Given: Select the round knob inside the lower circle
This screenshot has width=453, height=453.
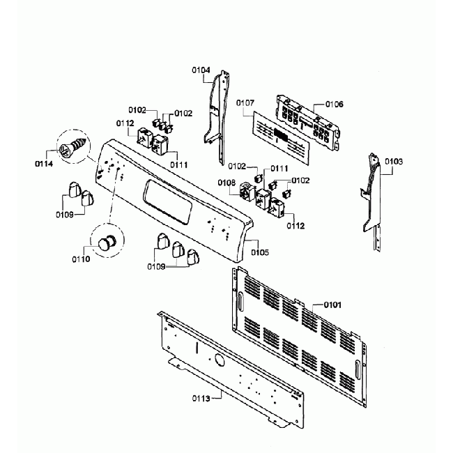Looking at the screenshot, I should (106, 243).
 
